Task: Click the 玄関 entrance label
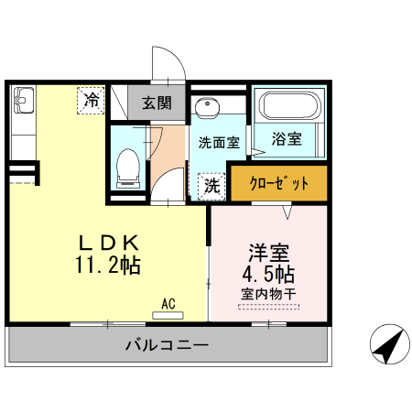pyautogui.click(x=157, y=103)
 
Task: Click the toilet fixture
pyautogui.click(x=128, y=168)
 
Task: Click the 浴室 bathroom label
pyautogui.click(x=287, y=139)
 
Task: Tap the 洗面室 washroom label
pyautogui.click(x=219, y=143)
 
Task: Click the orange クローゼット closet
pyautogui.click(x=278, y=182)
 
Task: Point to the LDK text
pyautogui.click(x=107, y=244)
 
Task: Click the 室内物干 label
pyautogui.click(x=268, y=295)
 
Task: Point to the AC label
pyautogui.click(x=168, y=303)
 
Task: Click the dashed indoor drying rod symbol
pyautogui.click(x=267, y=307)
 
